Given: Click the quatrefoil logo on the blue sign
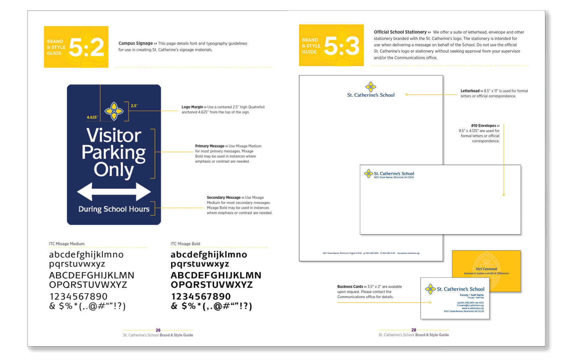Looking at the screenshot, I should tap(114, 111).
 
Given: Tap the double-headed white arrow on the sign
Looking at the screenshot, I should tap(114, 191).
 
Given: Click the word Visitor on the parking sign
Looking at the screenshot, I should tap(114, 135).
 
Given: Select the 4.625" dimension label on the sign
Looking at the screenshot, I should tap(92, 117).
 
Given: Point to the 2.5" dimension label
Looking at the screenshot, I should tap(134, 106).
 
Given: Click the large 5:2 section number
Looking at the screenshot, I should tap(86, 47).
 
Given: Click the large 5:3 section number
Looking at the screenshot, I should tap(342, 46).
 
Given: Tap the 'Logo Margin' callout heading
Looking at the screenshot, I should tap(192, 107).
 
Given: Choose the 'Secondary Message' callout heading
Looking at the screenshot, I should tap(224, 198).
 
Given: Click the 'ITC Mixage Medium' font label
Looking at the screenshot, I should tap(67, 244).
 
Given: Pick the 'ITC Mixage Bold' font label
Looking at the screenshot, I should tap(185, 244).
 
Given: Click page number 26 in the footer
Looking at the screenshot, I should tap(158, 330).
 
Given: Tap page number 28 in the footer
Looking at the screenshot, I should tap(414, 330).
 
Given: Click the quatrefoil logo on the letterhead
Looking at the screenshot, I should tap(371, 86).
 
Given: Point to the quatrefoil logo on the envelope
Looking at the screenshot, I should tap(368, 173).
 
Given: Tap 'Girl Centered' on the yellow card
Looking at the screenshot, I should tap(486, 269).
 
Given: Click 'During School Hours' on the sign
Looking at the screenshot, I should tap(114, 209).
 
